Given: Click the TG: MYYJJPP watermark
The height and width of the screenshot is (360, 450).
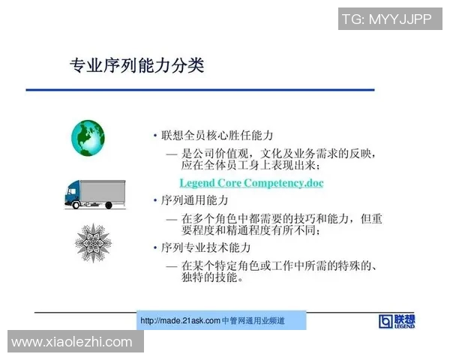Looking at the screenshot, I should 386,19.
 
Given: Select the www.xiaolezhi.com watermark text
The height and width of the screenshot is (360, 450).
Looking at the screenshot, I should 72,342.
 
